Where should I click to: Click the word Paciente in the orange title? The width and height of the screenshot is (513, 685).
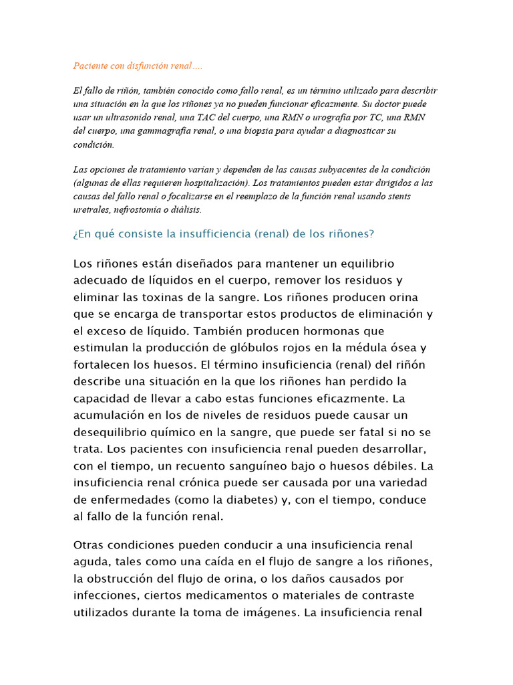pos(88,66)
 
